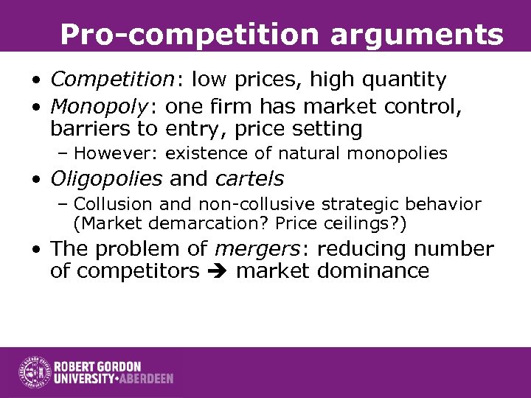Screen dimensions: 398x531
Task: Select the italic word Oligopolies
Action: click(x=106, y=178)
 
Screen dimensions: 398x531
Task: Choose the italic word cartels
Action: click(x=249, y=178)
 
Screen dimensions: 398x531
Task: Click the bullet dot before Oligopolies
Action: click(x=35, y=179)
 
